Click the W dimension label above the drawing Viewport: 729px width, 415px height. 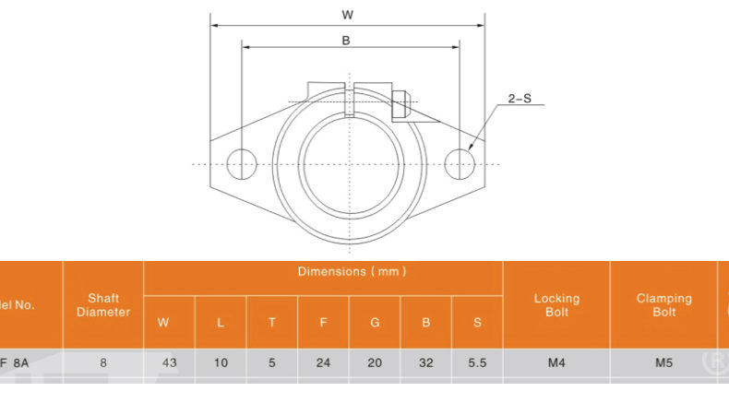[347, 14]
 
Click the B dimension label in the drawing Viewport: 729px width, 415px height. [346, 41]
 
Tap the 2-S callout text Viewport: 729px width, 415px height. [520, 98]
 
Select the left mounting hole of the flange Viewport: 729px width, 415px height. [241, 163]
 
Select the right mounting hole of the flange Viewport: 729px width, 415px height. [459, 163]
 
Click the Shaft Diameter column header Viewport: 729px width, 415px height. [103, 305]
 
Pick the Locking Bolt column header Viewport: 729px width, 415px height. [556, 305]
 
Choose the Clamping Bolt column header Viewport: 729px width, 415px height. [663, 305]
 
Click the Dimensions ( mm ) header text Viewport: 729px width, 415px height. [352, 271]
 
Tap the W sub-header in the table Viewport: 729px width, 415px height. [164, 323]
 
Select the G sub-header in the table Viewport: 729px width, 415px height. [375, 323]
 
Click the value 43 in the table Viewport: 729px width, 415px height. [169, 363]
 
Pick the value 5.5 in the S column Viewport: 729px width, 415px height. [477, 363]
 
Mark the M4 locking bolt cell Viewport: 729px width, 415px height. [556, 363]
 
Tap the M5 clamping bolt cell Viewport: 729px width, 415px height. [663, 363]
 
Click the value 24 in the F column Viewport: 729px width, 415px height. [323, 363]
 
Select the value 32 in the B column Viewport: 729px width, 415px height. [425, 363]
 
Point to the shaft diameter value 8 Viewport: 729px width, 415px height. [103, 363]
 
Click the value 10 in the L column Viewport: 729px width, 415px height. [221, 363]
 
